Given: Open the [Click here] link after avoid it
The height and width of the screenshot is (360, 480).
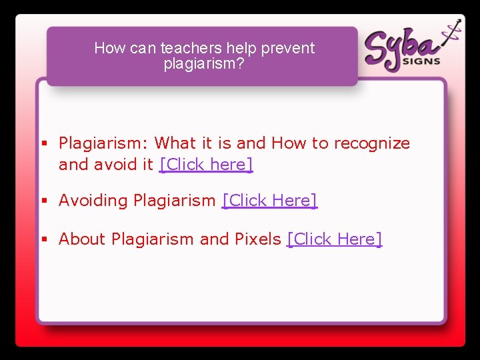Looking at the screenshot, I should tap(206, 165).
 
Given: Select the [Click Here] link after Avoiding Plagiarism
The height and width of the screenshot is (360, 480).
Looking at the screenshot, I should tap(269, 201).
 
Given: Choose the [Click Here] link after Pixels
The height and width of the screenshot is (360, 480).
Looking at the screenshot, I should tap(334, 239).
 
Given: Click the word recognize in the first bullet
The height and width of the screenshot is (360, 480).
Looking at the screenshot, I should tap(372, 143).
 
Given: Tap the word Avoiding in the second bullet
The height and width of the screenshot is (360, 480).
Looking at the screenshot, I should tap(93, 201).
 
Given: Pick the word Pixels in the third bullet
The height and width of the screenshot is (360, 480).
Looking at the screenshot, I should tap(257, 239).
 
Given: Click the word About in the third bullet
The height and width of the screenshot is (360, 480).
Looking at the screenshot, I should tap(83, 239).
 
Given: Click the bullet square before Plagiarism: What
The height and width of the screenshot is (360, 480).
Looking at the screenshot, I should tap(44, 143).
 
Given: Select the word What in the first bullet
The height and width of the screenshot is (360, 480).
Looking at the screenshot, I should tap(175, 143).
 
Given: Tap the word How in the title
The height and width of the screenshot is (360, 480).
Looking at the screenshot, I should tap(109, 48).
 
